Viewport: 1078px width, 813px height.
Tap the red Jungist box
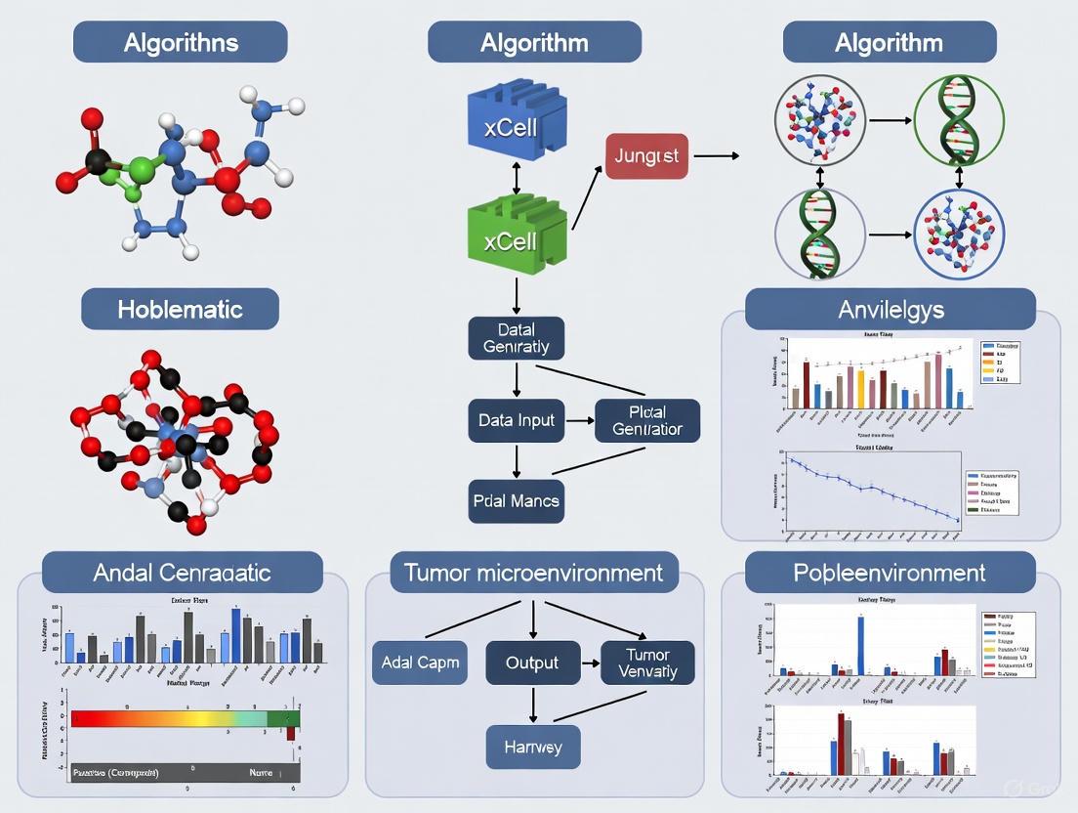[x=646, y=155]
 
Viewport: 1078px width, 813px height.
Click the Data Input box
[x=517, y=420]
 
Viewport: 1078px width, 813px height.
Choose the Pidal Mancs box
[x=516, y=500]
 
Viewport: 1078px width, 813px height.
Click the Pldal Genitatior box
[x=647, y=420]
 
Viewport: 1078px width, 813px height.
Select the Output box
[x=532, y=663]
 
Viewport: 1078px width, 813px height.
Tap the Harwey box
[x=532, y=748]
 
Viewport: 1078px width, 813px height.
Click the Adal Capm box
[x=420, y=663]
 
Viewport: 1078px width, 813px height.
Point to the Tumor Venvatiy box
[x=647, y=663]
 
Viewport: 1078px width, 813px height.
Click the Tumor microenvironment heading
[x=533, y=572]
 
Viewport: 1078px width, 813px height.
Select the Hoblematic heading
[x=180, y=309]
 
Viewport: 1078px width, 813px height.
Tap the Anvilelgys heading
[x=890, y=309]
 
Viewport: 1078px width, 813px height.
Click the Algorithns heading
[x=181, y=43]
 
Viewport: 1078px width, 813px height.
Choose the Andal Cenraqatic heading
[x=183, y=572]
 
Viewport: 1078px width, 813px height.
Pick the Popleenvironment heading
[x=890, y=572]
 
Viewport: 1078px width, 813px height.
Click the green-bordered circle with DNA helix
[x=959, y=121]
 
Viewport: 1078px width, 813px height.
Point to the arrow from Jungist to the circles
[x=716, y=155]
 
